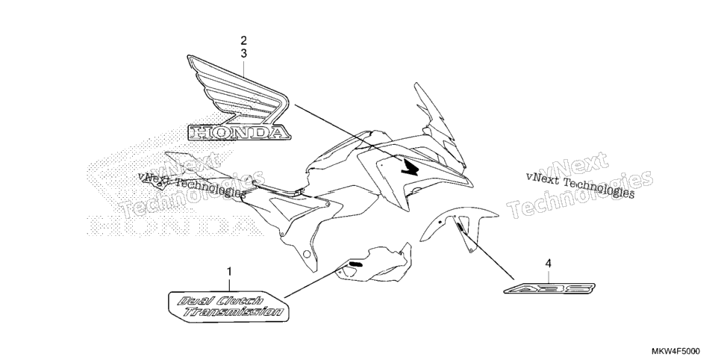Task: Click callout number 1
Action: pos(229,271)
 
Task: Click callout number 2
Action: pos(244,40)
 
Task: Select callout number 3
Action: pos(244,53)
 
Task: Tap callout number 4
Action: pos(548,264)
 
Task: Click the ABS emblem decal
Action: pos(550,288)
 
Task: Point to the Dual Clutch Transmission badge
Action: pos(228,306)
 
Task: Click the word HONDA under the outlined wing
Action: pos(239,133)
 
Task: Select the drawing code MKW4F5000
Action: pos(677,352)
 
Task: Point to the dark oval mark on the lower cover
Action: pos(355,264)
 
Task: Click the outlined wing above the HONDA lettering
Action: pos(237,90)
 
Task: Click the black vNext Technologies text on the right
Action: pos(580,184)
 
